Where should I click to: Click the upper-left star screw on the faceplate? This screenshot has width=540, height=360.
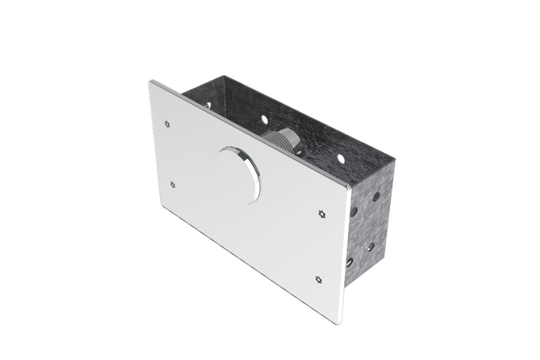(x=167, y=124)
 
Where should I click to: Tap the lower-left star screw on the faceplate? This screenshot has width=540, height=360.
(x=172, y=184)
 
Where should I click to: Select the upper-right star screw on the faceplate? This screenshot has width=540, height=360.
(x=322, y=214)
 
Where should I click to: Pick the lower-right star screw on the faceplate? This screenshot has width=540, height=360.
(x=318, y=279)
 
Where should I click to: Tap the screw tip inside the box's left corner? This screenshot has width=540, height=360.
(x=207, y=105)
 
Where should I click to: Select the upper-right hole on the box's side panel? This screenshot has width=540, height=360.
(x=376, y=196)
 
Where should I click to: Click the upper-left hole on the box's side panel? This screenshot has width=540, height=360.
(x=353, y=211)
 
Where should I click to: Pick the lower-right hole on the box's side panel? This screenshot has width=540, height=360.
(x=371, y=246)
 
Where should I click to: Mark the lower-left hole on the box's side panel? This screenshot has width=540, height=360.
(x=350, y=262)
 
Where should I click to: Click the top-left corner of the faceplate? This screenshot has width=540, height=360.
(x=151, y=82)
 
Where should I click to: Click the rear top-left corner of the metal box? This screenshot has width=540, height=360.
(x=225, y=76)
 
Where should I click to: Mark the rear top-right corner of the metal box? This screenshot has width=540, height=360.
(x=393, y=161)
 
